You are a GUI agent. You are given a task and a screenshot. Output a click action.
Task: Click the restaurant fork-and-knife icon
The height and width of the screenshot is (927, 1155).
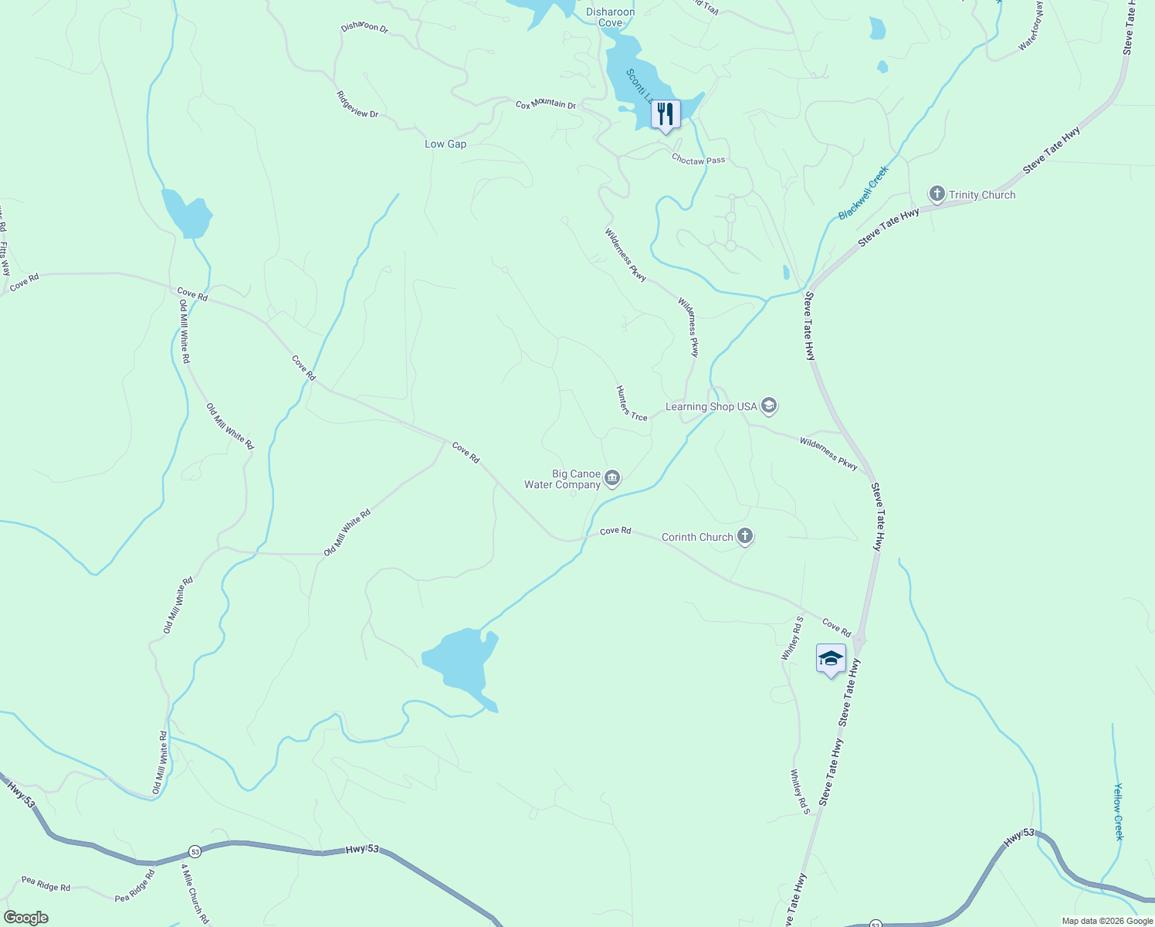coord(665,114)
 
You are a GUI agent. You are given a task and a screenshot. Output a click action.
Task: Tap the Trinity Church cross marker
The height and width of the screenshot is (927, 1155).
coord(937,194)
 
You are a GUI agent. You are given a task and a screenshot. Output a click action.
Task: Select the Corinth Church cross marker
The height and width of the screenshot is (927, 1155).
coord(744,535)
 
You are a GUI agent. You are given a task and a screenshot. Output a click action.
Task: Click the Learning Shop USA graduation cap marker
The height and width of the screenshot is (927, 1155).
coord(768,406)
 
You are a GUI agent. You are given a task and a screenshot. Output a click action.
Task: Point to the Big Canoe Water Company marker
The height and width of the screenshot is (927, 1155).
coord(612,479)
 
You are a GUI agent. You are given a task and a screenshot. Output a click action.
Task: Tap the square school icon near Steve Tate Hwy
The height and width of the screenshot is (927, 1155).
coord(830,659)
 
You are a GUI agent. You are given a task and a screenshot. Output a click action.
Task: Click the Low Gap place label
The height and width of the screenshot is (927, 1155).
coord(445,144)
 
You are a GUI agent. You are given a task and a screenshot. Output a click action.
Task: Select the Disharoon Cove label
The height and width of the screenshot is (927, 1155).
coord(610,17)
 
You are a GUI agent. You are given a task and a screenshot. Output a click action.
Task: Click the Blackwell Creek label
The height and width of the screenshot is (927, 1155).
coord(864,193)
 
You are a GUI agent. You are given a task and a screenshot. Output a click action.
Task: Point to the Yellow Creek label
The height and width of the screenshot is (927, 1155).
coord(1119,812)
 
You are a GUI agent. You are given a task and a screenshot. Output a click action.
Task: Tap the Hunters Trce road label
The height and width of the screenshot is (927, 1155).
coord(632,403)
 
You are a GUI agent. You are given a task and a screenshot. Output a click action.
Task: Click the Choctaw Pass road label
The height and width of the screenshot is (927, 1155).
coord(698,160)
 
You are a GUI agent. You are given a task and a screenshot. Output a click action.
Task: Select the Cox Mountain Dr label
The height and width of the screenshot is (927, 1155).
coord(546,104)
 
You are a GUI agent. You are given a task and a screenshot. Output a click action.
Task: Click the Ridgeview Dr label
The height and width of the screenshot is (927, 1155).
coord(357,104)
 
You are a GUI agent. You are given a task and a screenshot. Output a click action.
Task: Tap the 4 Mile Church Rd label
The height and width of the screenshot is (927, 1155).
coord(195,894)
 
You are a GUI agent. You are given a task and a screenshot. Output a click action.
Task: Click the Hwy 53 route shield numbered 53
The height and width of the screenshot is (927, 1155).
coord(195,851)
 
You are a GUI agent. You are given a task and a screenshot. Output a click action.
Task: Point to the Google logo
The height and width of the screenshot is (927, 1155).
coord(25,918)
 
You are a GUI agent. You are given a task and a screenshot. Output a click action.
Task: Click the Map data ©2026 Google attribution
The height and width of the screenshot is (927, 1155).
coord(1107,921)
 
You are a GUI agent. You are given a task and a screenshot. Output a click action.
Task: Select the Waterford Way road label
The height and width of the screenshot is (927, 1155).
coord(1031,27)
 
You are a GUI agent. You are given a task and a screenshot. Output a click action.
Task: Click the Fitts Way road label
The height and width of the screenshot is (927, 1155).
coord(5,259)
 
